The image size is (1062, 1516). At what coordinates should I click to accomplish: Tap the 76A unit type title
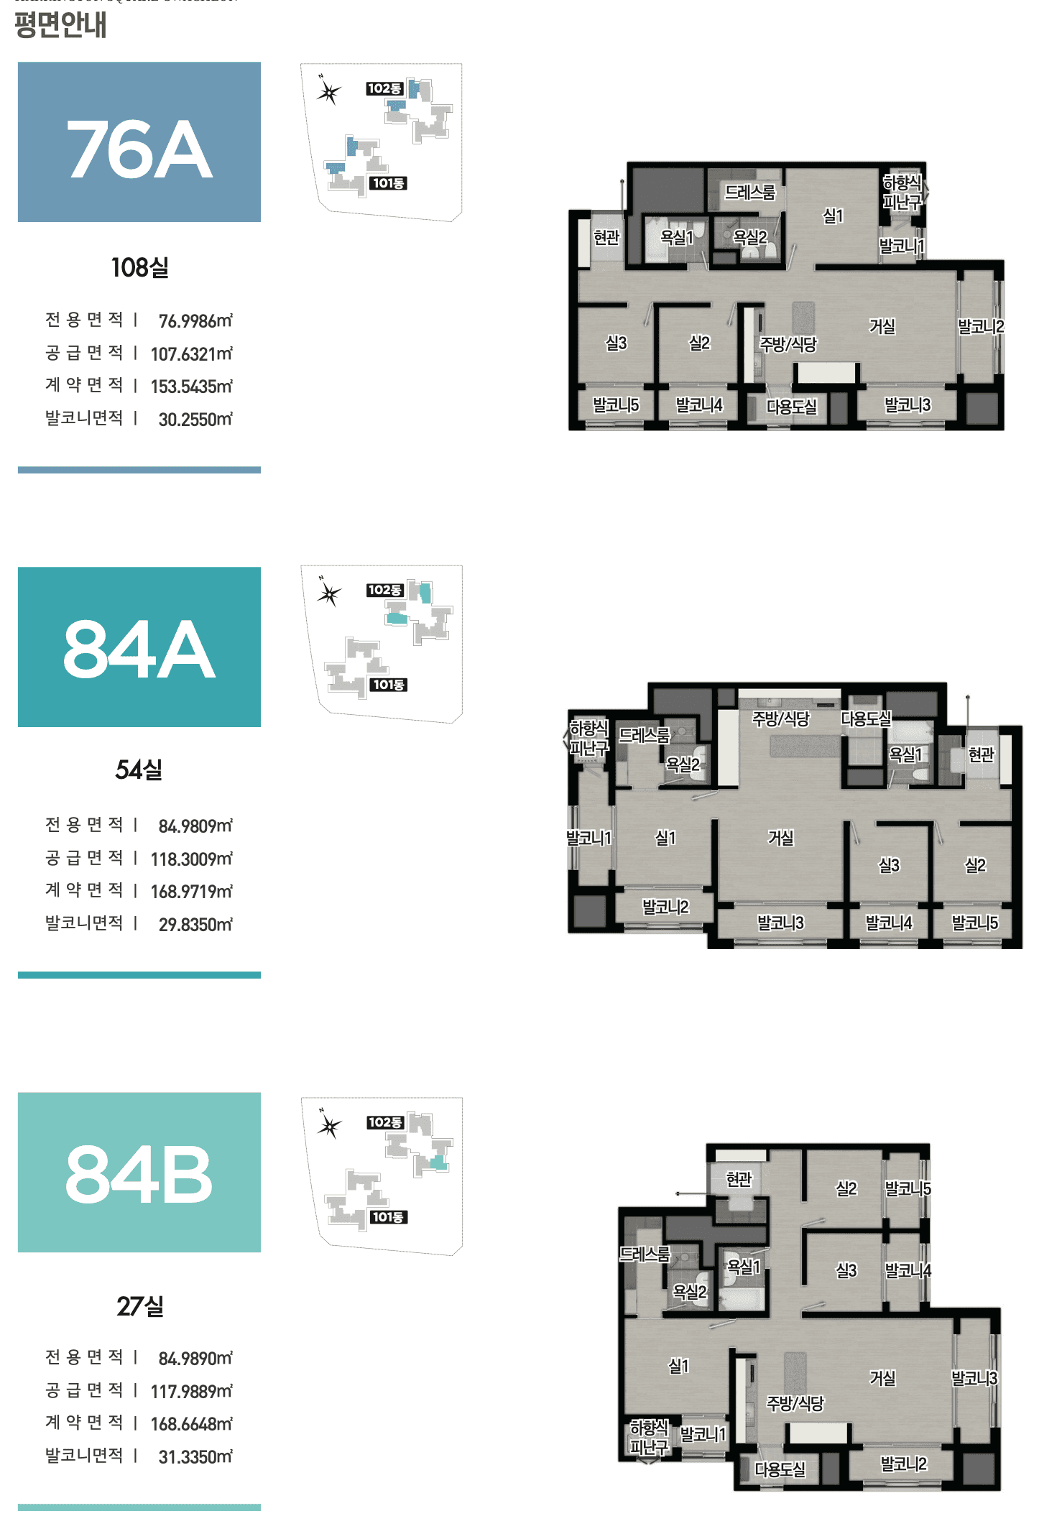click(139, 149)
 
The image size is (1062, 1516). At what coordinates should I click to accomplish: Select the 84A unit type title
click(139, 650)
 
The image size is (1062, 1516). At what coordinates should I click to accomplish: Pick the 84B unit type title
click(139, 1175)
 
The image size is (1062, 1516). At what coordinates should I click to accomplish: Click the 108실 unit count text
click(140, 268)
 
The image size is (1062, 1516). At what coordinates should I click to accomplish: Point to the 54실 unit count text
click(139, 770)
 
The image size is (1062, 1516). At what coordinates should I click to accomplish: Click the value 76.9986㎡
click(195, 321)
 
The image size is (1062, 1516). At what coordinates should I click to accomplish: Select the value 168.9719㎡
click(192, 892)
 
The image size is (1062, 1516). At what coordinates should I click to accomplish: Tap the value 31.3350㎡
click(195, 1457)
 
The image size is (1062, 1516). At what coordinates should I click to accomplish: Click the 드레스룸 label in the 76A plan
click(749, 193)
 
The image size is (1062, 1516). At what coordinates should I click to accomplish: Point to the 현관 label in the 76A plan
click(606, 237)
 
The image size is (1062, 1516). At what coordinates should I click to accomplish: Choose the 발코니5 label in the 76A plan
click(616, 405)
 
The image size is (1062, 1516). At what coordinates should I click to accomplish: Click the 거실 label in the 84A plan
click(781, 838)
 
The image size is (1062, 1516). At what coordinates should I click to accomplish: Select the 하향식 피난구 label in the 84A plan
click(589, 738)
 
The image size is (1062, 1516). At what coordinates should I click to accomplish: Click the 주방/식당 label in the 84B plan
click(795, 1403)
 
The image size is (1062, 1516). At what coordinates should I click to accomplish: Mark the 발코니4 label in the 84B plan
click(908, 1270)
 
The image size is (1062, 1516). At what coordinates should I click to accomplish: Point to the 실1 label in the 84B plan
click(679, 1366)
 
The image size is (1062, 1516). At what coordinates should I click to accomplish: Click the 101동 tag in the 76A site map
click(388, 183)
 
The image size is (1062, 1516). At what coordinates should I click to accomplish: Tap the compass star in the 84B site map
click(330, 1126)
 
